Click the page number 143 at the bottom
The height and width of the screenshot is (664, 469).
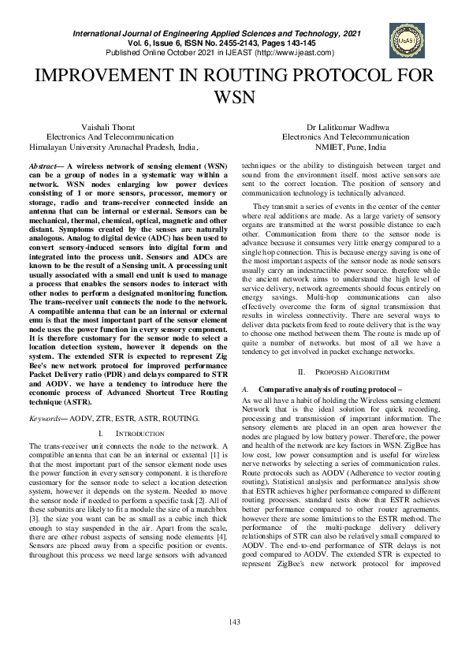click(x=234, y=623)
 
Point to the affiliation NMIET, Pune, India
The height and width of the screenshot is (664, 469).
click(x=350, y=147)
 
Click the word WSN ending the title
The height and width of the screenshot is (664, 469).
click(x=234, y=99)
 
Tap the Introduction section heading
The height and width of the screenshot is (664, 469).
click(x=139, y=434)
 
